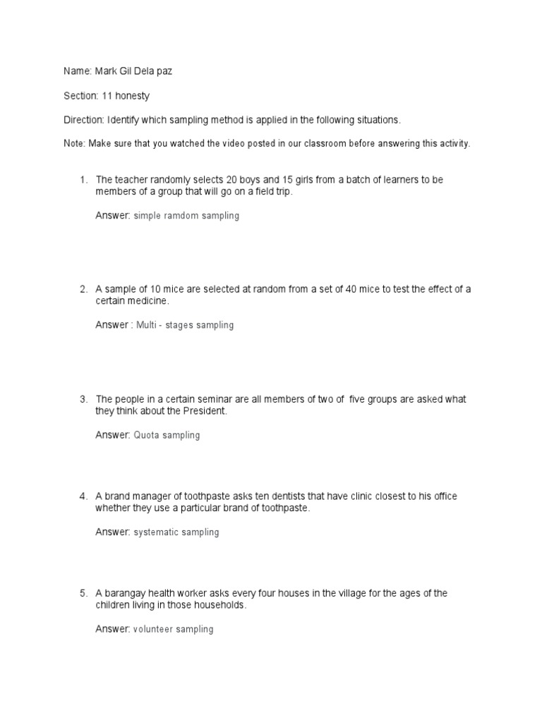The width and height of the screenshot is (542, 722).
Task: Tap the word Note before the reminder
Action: tap(73, 143)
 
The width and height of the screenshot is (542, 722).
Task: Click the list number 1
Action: tap(83, 180)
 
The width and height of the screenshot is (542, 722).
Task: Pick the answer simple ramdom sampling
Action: tap(186, 216)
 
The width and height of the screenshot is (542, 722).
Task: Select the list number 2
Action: tap(83, 289)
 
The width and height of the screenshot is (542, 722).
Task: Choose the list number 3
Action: tap(83, 399)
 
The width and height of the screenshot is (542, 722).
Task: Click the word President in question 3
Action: tap(205, 411)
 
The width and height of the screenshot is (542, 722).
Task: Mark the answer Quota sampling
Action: tap(167, 435)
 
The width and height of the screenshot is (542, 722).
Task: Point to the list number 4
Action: tap(83, 496)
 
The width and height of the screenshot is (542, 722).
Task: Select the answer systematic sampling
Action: tap(176, 532)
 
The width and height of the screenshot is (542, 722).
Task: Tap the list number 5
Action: tap(83, 593)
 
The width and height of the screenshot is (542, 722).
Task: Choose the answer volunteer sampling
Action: tap(174, 629)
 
